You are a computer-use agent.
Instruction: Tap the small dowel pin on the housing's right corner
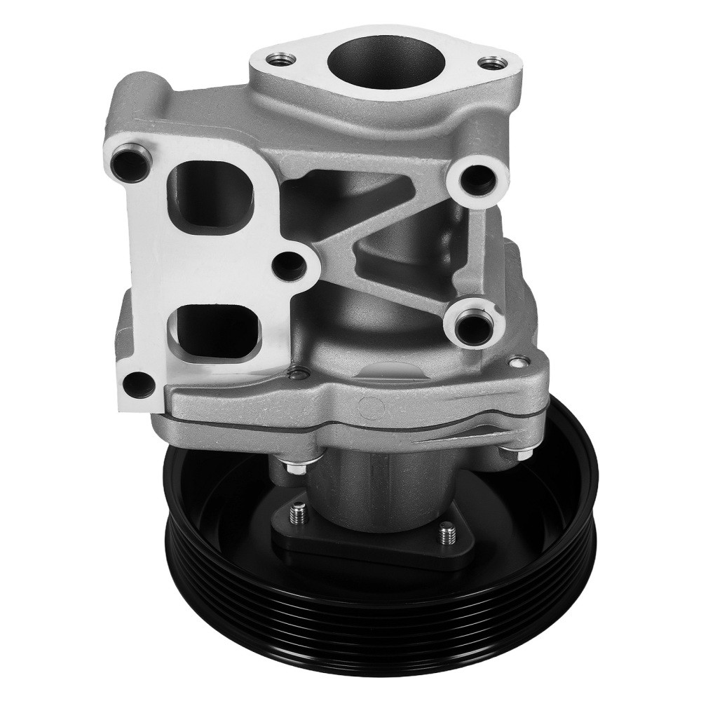tap(518, 363)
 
